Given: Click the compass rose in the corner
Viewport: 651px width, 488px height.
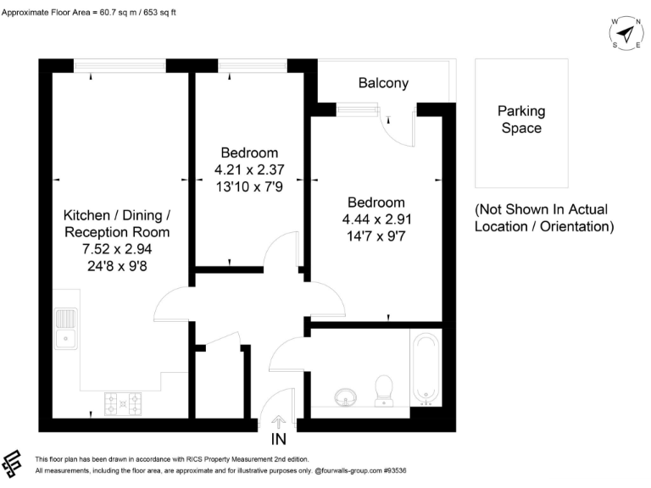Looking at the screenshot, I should click(x=626, y=33).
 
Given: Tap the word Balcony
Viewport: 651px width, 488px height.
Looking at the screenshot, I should click(x=383, y=83).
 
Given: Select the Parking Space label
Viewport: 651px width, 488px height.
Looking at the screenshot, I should click(x=520, y=119).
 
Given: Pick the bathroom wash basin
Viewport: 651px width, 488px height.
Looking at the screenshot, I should click(x=346, y=396).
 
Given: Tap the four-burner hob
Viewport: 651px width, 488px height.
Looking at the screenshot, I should click(x=122, y=405).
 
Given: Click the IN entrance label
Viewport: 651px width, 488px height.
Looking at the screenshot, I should click(x=279, y=439).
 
